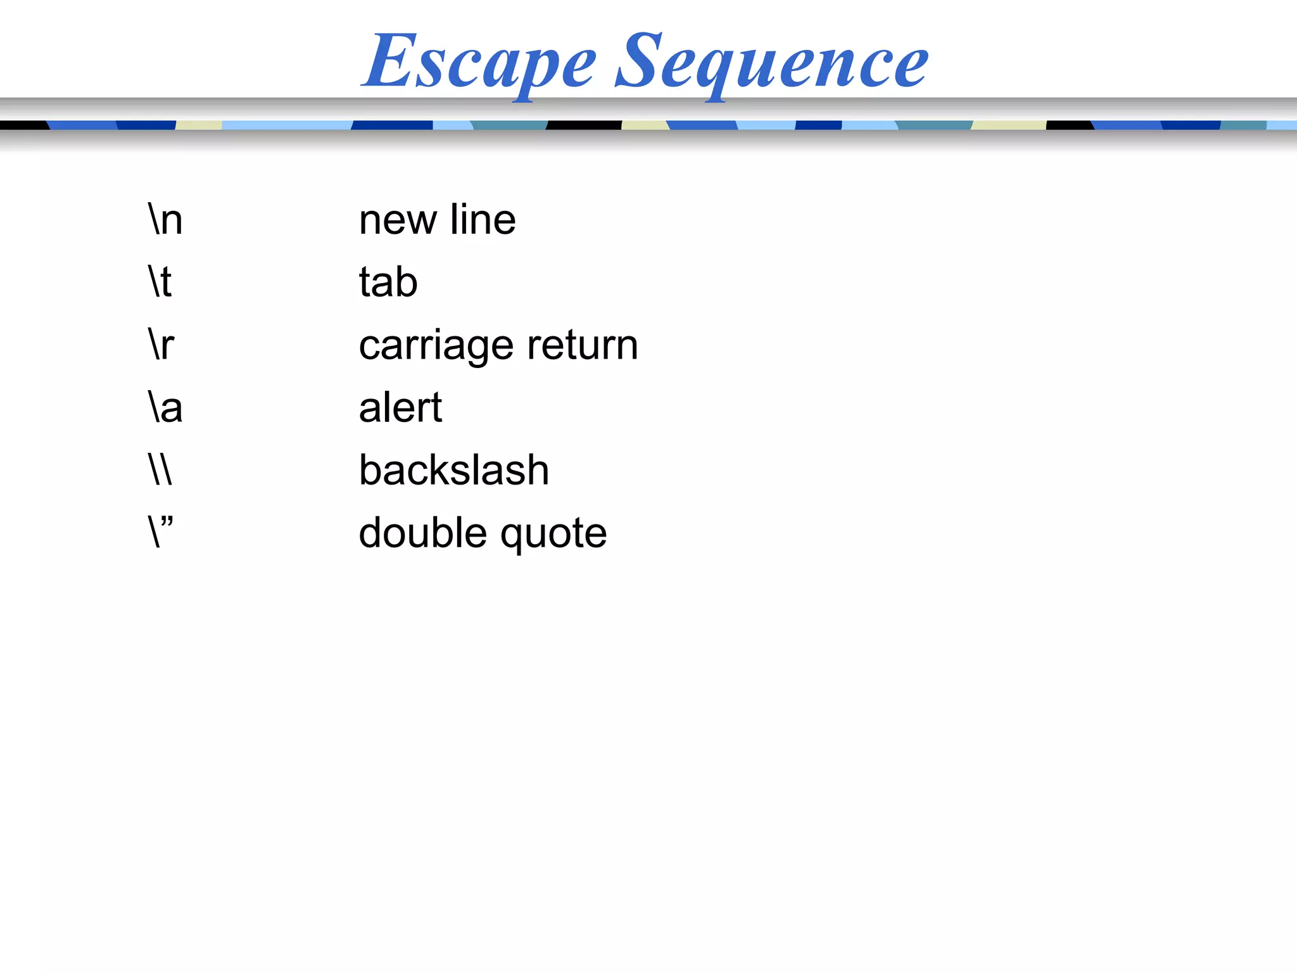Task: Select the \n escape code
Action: (x=165, y=220)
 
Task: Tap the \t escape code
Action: (x=160, y=282)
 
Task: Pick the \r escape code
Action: (x=161, y=345)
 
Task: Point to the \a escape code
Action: (x=165, y=407)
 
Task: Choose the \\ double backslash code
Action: (x=160, y=469)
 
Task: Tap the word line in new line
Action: (x=483, y=220)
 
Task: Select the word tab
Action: (x=388, y=282)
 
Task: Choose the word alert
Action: (x=400, y=407)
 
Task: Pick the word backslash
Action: (x=453, y=470)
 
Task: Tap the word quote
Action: (x=554, y=534)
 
